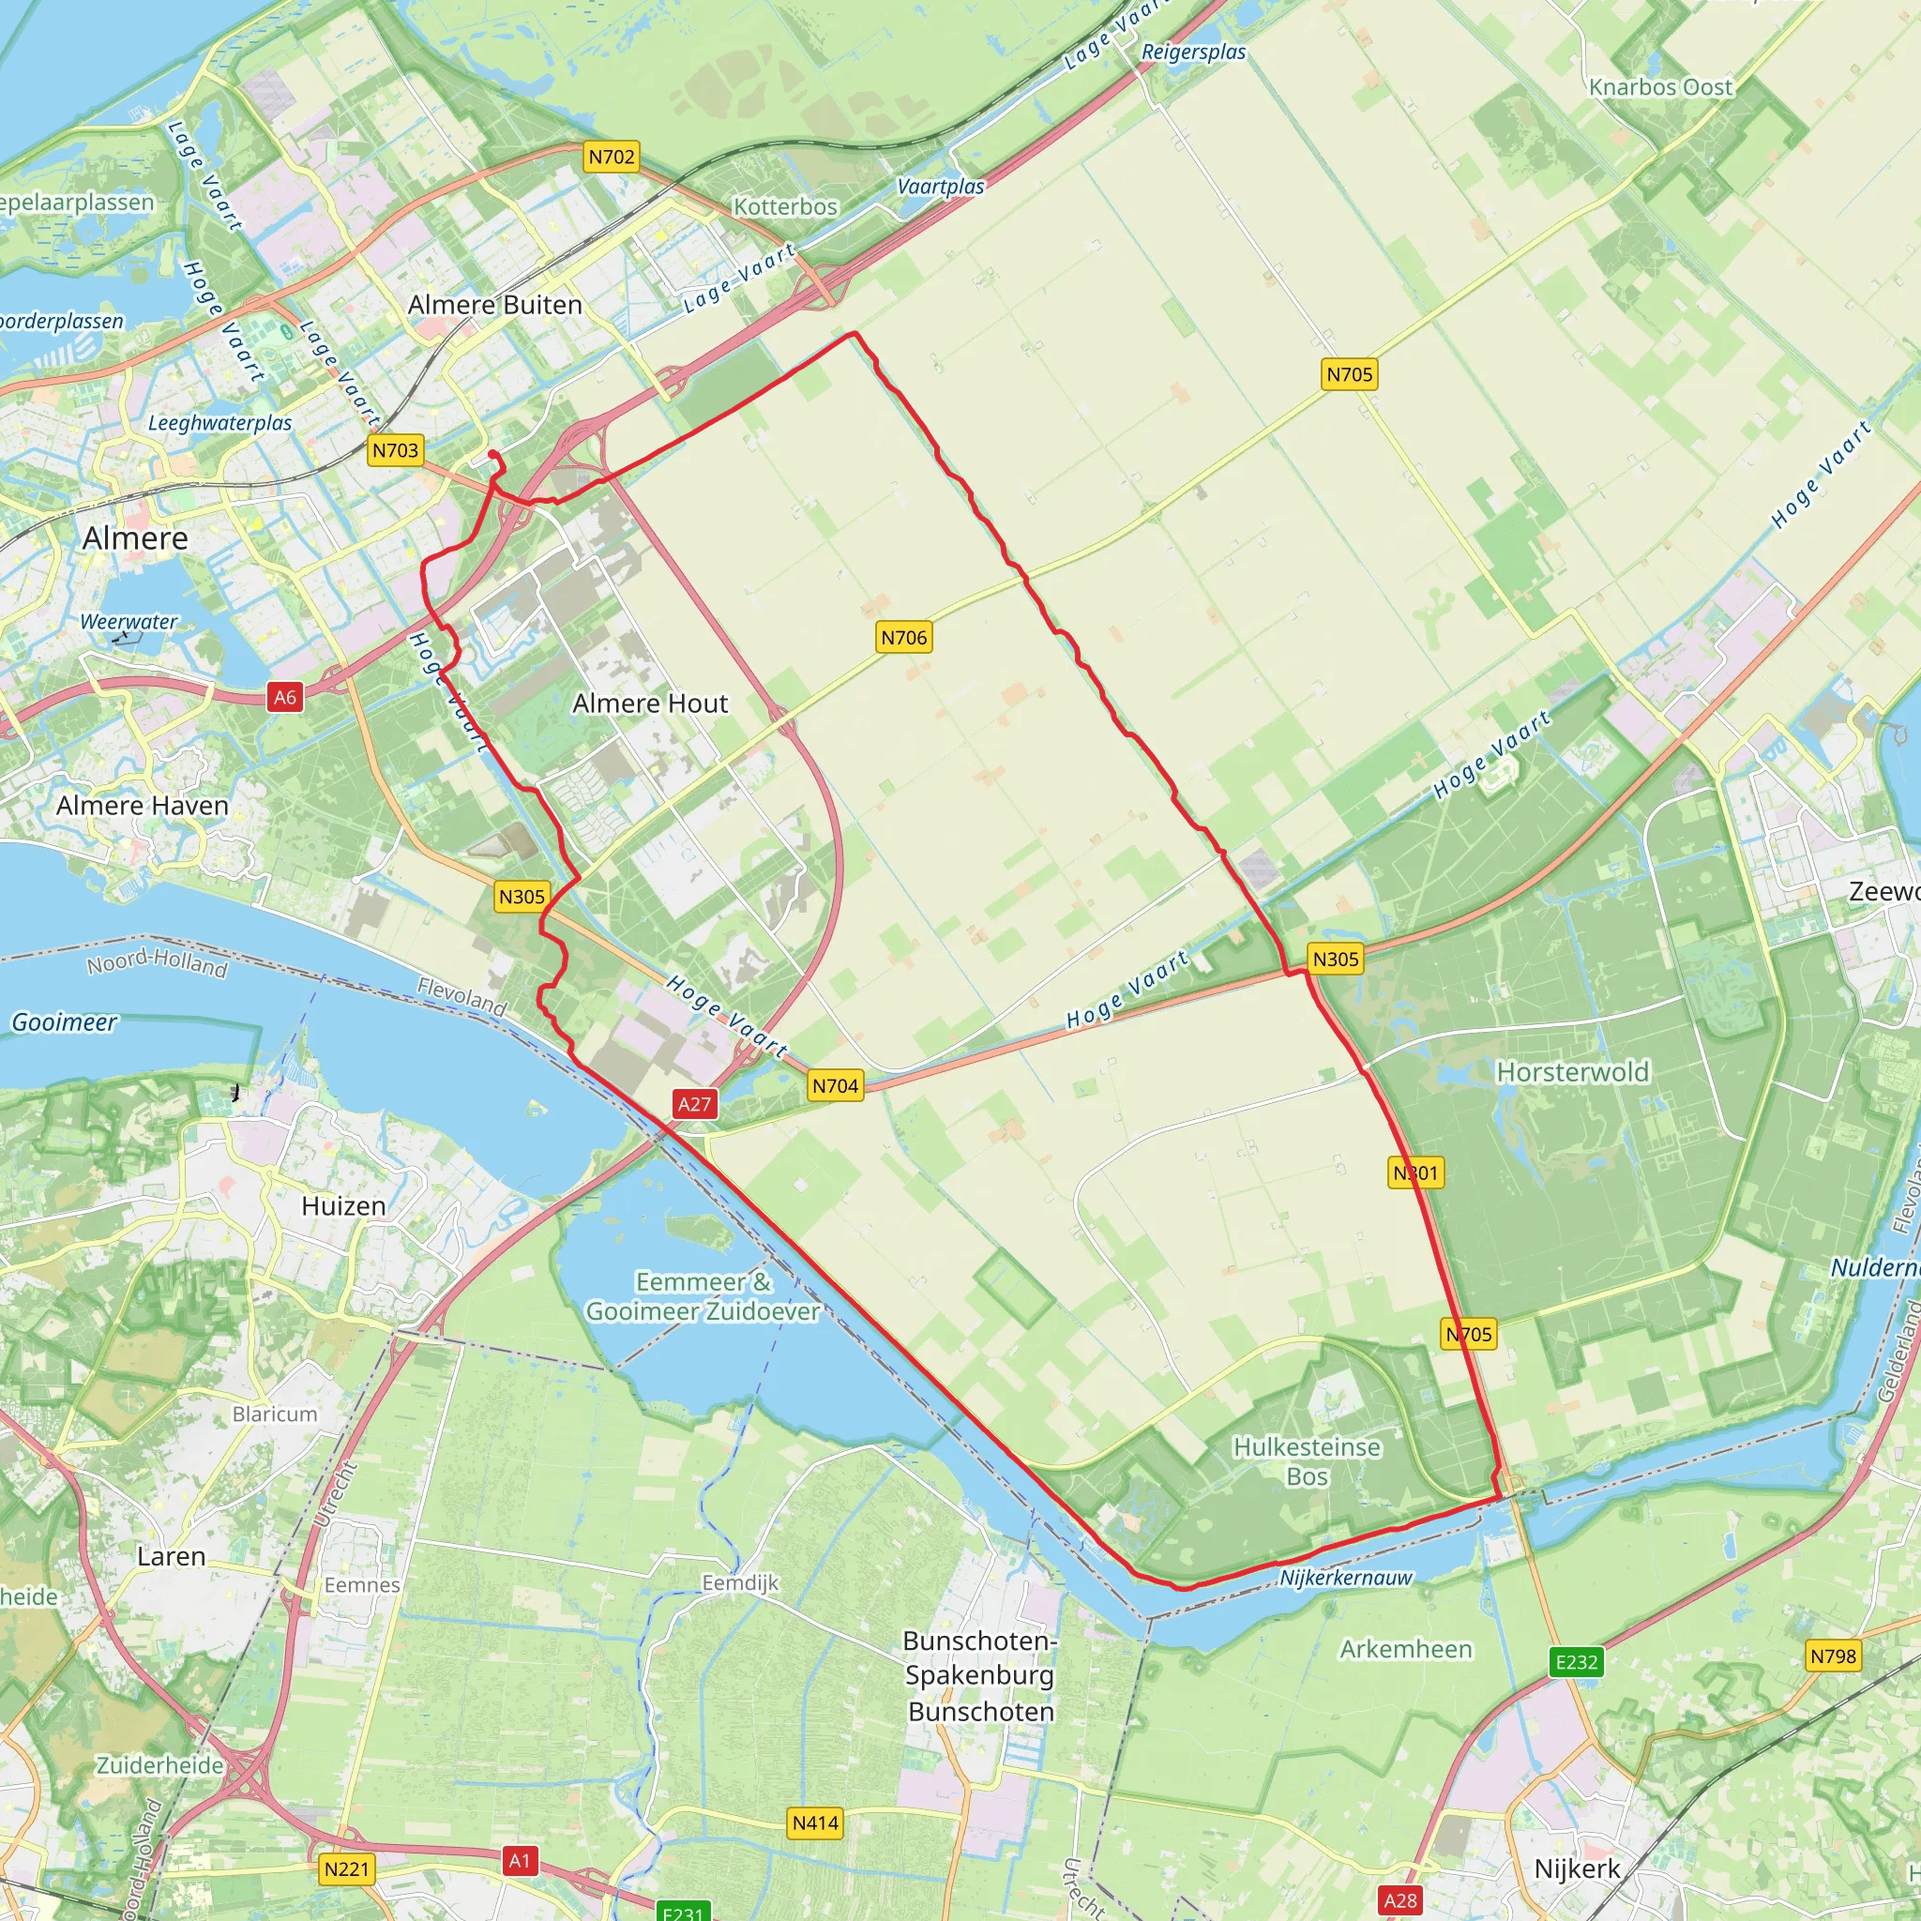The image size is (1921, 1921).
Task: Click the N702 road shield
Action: [x=611, y=157]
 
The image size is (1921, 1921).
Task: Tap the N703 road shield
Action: [x=395, y=450]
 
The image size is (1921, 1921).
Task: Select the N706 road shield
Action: [x=904, y=637]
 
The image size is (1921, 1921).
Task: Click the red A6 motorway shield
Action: [x=285, y=697]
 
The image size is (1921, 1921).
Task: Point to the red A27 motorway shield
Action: [x=694, y=1104]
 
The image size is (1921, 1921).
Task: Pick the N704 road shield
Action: [x=835, y=1086]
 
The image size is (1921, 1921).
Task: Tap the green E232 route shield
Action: [x=1576, y=1661]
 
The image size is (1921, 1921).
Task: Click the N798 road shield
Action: [x=1833, y=1656]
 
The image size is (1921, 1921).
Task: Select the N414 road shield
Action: [x=815, y=1823]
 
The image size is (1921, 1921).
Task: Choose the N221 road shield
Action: [x=346, y=1869]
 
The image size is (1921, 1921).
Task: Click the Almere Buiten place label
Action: [x=495, y=304]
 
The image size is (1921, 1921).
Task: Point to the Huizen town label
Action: [x=343, y=1206]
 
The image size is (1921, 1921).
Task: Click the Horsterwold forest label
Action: [x=1572, y=1072]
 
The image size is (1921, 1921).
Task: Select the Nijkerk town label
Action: [x=1577, y=1868]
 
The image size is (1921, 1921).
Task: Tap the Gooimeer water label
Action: [x=65, y=1022]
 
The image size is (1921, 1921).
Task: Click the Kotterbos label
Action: [x=785, y=206]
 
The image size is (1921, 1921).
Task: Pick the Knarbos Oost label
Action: [x=1660, y=87]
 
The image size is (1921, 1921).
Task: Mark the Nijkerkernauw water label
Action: [x=1345, y=1578]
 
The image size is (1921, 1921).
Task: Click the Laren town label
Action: [x=171, y=1556]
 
